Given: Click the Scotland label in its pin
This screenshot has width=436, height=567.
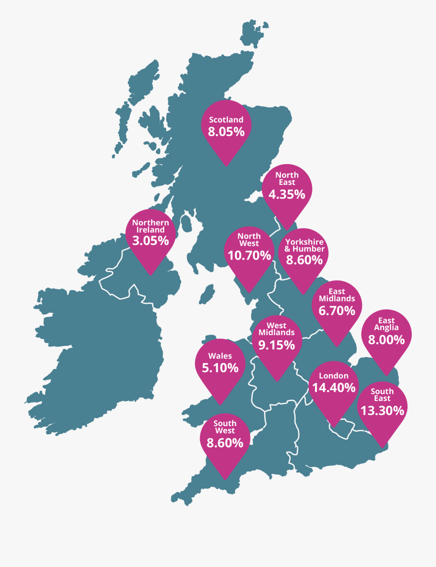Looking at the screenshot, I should [226, 120].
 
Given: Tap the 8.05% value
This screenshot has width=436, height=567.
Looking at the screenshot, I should [226, 132].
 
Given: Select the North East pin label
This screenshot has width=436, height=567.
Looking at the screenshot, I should [287, 179].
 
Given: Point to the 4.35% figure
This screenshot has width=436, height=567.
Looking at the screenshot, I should [287, 195].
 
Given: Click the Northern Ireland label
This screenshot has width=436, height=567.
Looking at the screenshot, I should [151, 226].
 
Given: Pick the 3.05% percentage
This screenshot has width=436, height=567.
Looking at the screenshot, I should [151, 241].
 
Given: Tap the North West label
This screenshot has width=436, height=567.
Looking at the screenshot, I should [249, 240].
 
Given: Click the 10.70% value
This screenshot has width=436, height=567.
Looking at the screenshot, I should [249, 255].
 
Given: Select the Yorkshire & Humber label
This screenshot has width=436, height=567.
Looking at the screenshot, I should [304, 245].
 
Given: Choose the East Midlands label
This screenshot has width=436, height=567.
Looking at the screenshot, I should [337, 295].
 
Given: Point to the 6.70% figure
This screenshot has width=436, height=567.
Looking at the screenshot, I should [337, 310].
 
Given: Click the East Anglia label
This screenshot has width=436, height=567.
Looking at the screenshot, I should [386, 324].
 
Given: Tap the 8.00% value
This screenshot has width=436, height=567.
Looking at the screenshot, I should [386, 339].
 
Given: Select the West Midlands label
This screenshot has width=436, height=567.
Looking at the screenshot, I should [277, 329].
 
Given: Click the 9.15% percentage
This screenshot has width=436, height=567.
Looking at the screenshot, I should [277, 345].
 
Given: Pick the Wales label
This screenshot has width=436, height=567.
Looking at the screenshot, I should [220, 356].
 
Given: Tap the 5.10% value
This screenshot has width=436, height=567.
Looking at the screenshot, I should [220, 368].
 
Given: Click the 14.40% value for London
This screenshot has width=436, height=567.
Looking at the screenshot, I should [334, 387].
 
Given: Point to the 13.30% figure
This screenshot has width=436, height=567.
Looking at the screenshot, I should [382, 411].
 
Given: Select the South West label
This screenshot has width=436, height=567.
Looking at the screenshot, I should [225, 427].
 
